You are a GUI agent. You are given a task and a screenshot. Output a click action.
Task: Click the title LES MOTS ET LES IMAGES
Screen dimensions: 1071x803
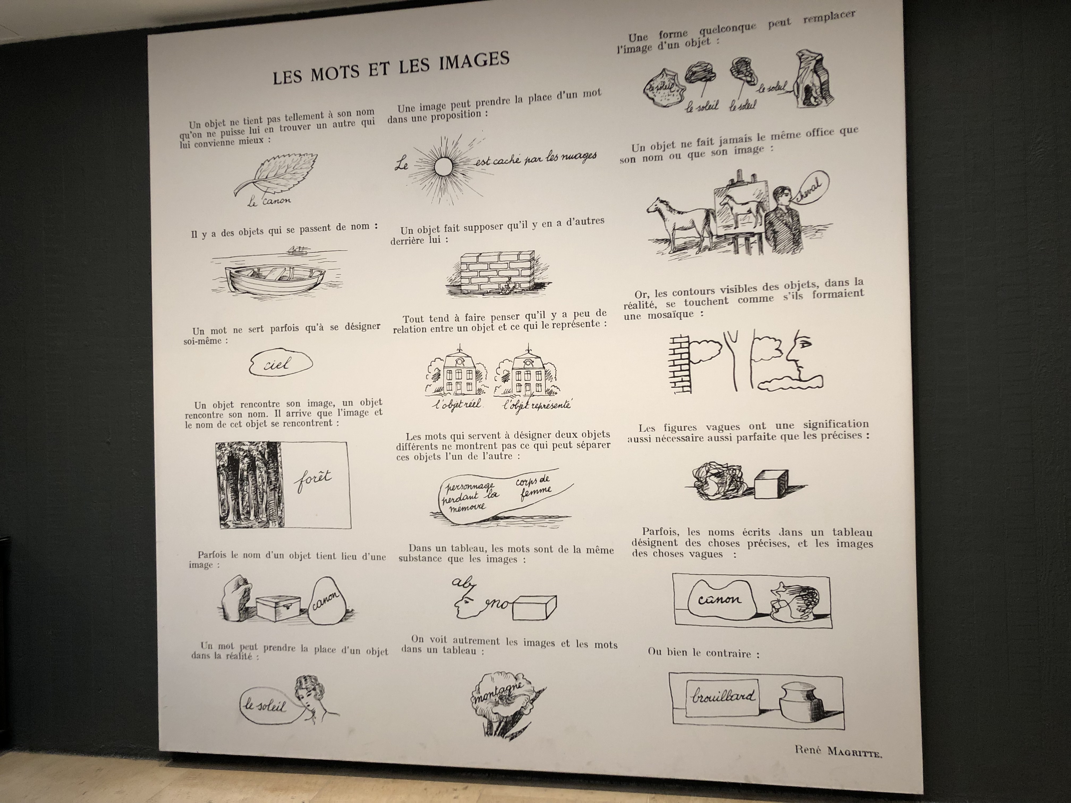(391, 68)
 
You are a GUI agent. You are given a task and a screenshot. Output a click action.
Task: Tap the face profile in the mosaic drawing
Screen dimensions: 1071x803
(801, 358)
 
